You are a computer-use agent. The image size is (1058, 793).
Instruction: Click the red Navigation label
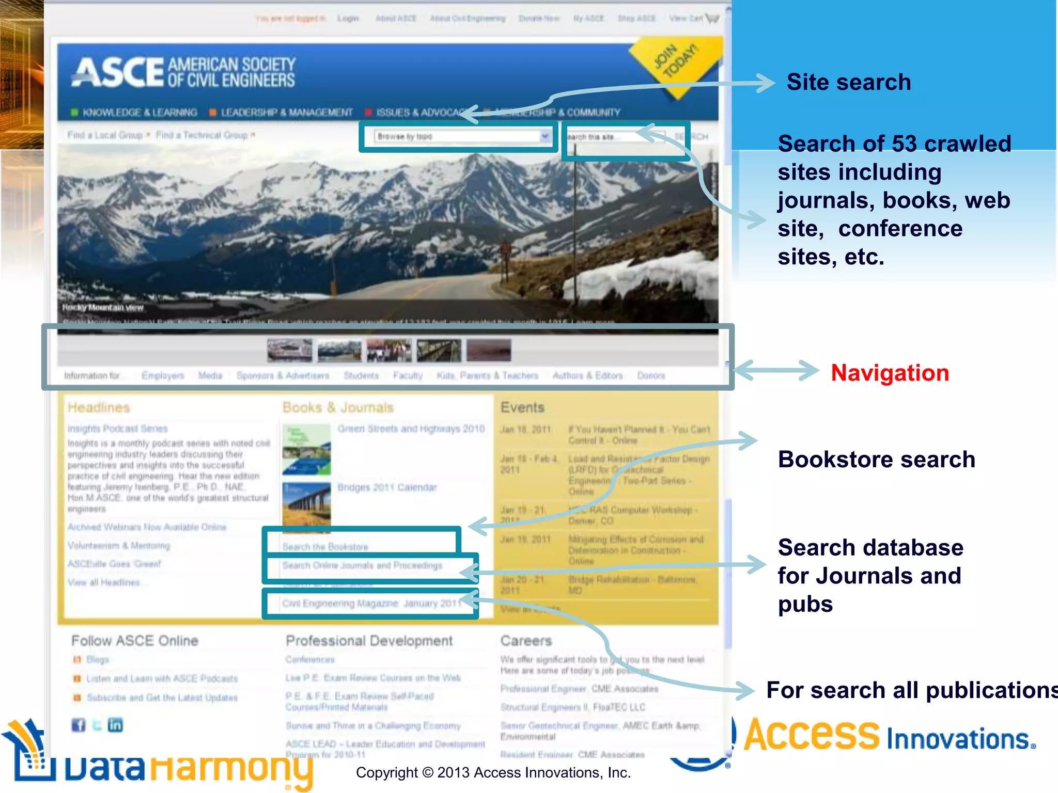(x=890, y=373)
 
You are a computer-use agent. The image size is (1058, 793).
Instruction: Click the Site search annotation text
(x=848, y=82)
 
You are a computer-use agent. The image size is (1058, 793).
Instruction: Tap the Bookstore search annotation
(x=876, y=459)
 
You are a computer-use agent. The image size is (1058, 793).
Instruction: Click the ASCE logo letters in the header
(x=118, y=72)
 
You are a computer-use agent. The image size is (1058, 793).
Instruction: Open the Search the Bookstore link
(x=325, y=546)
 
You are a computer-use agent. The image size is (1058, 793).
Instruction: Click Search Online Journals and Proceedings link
(x=362, y=565)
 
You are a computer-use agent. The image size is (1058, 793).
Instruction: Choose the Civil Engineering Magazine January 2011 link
(x=371, y=603)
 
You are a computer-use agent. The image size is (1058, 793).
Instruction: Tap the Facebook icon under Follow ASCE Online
(x=78, y=725)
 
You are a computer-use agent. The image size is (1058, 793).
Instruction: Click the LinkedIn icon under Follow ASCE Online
(x=115, y=725)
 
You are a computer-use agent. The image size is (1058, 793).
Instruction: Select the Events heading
(x=522, y=407)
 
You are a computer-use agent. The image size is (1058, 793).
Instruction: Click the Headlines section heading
(x=99, y=407)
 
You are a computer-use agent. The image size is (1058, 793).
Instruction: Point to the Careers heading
(x=526, y=641)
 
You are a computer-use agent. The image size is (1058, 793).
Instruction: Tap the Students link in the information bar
(x=361, y=375)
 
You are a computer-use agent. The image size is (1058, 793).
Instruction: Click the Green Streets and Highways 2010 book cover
(x=306, y=449)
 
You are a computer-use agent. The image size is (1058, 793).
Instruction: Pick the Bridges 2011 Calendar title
(x=387, y=487)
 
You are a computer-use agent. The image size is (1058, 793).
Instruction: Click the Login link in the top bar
(x=348, y=19)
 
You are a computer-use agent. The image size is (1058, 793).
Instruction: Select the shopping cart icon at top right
(x=712, y=19)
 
